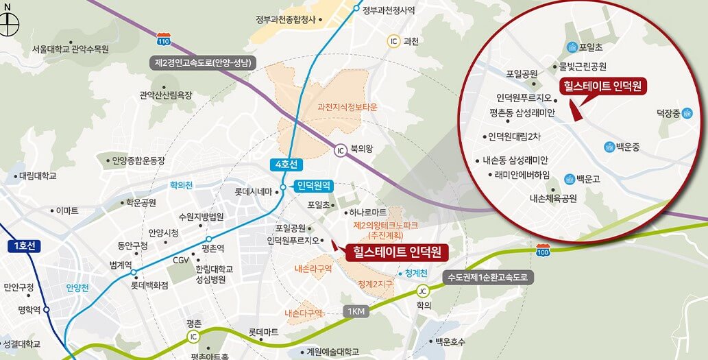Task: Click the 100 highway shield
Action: point(543,250)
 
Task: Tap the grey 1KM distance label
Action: point(356,311)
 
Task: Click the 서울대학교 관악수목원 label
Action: point(71,49)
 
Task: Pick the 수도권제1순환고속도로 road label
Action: point(488,278)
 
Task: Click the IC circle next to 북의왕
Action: point(340,150)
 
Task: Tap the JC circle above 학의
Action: point(424,290)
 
